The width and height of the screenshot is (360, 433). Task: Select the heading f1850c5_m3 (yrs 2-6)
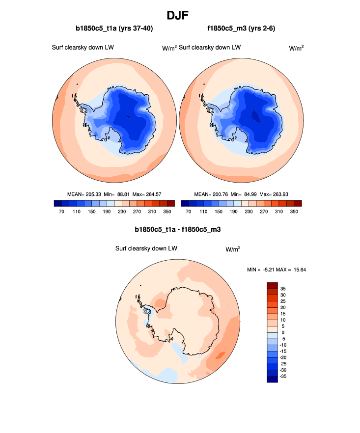[241, 28]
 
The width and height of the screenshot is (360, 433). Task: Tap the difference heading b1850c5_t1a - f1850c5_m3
[180, 229]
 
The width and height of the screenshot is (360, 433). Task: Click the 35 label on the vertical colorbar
[283, 289]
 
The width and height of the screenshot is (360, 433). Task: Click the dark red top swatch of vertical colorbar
[272, 285]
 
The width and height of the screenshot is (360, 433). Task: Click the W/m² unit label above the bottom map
[233, 249]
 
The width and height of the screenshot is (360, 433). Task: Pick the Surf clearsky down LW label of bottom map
[146, 248]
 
